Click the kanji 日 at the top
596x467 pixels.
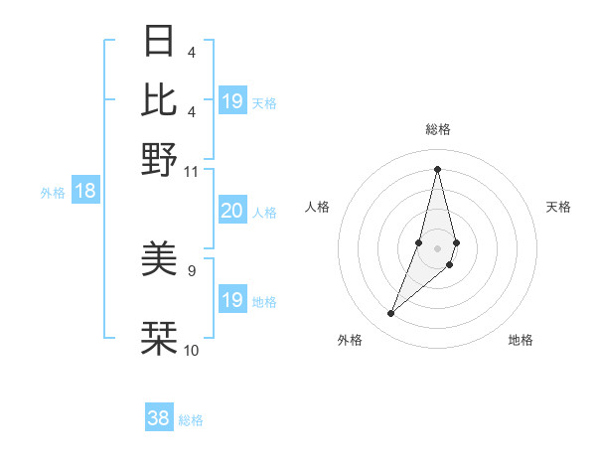point(159,41)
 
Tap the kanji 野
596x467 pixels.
point(159,159)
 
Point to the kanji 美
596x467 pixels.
point(159,260)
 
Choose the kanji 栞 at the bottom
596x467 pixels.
point(159,338)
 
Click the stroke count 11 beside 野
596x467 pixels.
point(192,171)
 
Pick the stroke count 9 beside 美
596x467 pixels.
point(192,269)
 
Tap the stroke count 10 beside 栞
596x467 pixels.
point(192,350)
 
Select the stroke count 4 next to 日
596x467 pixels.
point(192,52)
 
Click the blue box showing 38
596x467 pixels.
point(159,418)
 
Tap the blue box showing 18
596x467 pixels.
point(84,191)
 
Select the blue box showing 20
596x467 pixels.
point(231,211)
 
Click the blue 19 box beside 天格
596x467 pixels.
point(231,101)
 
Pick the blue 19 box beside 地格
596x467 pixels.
point(231,300)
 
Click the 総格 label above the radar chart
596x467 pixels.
point(437,129)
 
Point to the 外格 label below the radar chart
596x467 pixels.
point(350,340)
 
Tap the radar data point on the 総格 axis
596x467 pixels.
point(437,168)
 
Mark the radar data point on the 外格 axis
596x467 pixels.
point(390,314)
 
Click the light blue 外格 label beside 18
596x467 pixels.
point(53,193)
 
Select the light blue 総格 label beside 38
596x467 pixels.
point(191,420)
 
